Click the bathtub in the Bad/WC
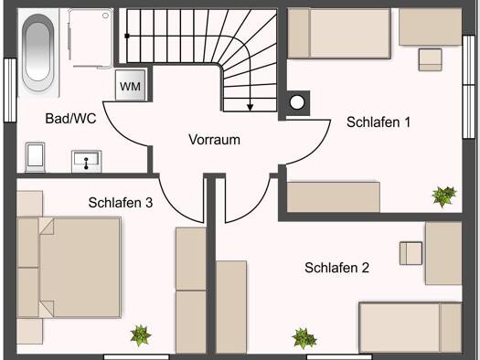tap(38, 52)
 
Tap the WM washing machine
tap(131, 85)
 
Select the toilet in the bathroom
tap(36, 157)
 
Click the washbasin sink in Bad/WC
tap(87, 161)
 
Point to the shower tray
tap(91, 38)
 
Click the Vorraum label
tap(214, 140)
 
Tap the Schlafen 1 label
tap(379, 122)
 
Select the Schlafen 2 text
tap(336, 268)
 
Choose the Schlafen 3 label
tap(121, 203)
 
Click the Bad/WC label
tap(70, 119)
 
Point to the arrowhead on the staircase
tap(251, 107)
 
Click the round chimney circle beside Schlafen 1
tap(297, 102)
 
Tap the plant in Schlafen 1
tap(443, 196)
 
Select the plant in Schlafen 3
tap(141, 335)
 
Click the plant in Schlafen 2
tap(304, 338)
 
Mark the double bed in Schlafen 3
tap(69, 268)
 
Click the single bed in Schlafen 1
tap(339, 33)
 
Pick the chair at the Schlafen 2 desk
tap(411, 253)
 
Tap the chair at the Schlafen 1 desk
tap(431, 59)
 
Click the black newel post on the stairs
tap(127, 37)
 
